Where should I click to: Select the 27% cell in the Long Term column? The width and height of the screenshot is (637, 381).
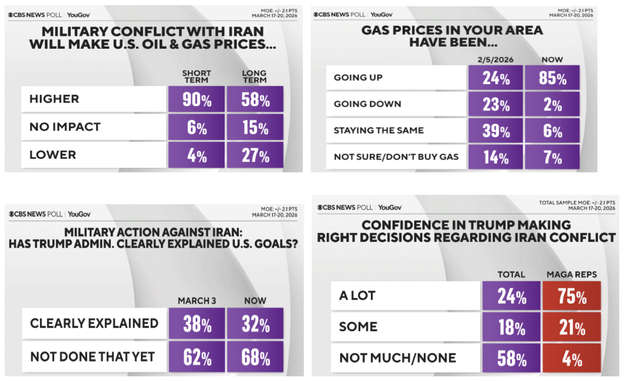[x=255, y=155]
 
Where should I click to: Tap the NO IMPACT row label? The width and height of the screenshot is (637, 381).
[x=65, y=127]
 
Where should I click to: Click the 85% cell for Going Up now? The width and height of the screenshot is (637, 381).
[x=552, y=78]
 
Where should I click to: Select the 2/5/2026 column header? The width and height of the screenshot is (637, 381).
[x=495, y=60]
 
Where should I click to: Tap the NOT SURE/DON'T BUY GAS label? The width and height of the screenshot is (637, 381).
[x=396, y=157]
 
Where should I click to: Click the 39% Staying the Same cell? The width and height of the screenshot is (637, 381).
[x=495, y=130]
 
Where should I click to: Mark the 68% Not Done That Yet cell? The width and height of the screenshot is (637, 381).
[x=255, y=357]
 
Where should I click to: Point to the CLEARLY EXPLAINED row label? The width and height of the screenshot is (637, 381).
[x=94, y=323]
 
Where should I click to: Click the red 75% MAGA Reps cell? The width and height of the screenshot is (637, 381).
[x=572, y=296]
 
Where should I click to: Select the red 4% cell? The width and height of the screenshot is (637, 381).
[x=572, y=358]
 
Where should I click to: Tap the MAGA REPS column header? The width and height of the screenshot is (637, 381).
[x=572, y=274]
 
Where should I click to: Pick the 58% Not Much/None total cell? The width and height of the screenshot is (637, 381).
[x=511, y=358]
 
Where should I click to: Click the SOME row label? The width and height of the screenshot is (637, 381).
[x=358, y=327]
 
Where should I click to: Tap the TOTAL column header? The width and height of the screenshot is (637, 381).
[x=511, y=274]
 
